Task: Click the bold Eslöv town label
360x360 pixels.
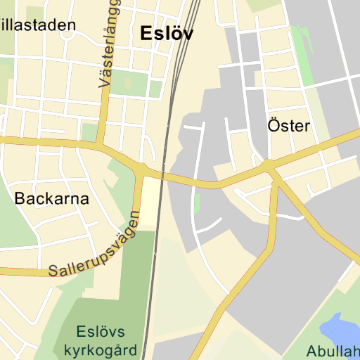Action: click(167, 33)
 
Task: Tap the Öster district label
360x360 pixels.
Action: click(288, 126)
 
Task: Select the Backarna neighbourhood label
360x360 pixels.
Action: click(52, 198)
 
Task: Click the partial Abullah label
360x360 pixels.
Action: click(333, 351)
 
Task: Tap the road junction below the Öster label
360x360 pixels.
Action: click(268, 166)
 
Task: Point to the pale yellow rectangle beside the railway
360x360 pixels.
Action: click(150, 202)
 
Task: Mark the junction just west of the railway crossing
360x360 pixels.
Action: click(142, 170)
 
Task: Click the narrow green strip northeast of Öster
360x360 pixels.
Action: click(302, 53)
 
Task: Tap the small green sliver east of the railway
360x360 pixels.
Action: click(197, 204)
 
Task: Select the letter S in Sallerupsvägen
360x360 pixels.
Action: click(53, 270)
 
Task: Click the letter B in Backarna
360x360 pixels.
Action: click(20, 198)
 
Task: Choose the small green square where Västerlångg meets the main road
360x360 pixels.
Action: click(89, 131)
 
